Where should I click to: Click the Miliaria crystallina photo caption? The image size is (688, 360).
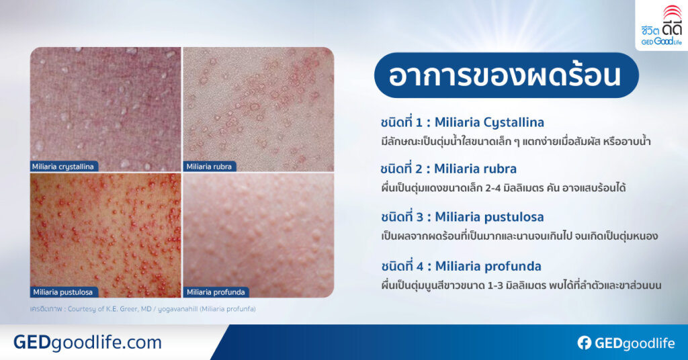coord(63,166)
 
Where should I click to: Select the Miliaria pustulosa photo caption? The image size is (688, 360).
coord(62,291)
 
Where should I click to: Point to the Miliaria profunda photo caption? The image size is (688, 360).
coord(216,291)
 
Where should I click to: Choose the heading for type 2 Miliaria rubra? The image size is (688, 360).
coord(448,169)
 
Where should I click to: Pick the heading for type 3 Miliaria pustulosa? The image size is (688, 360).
coord(462,216)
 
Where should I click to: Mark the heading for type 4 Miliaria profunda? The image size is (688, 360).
coord(461,265)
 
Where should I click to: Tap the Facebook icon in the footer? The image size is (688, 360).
coord(584,343)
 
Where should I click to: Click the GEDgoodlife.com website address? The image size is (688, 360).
coord(87,343)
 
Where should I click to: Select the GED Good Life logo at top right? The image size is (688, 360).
coord(661,25)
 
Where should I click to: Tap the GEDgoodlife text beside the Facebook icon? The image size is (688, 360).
coord(634,343)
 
